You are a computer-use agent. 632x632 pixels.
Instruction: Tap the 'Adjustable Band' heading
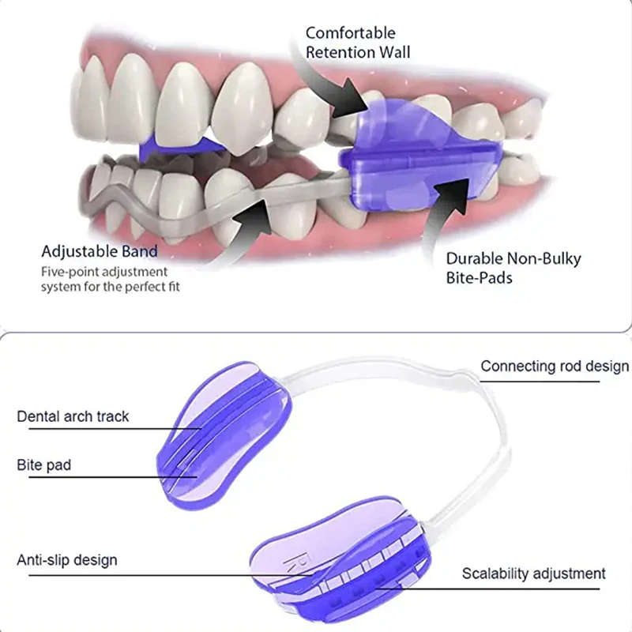(100, 251)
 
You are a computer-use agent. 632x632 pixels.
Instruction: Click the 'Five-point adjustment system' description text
(111, 279)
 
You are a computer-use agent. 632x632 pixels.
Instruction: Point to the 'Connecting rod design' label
(555, 367)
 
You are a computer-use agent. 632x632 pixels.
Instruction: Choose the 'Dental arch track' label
(73, 416)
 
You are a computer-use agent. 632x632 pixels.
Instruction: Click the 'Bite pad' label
(44, 465)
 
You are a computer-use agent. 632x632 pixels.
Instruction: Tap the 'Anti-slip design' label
(67, 560)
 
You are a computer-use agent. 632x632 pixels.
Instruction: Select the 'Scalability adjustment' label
(534, 574)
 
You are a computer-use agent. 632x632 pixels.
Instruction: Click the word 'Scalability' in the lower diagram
(495, 574)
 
